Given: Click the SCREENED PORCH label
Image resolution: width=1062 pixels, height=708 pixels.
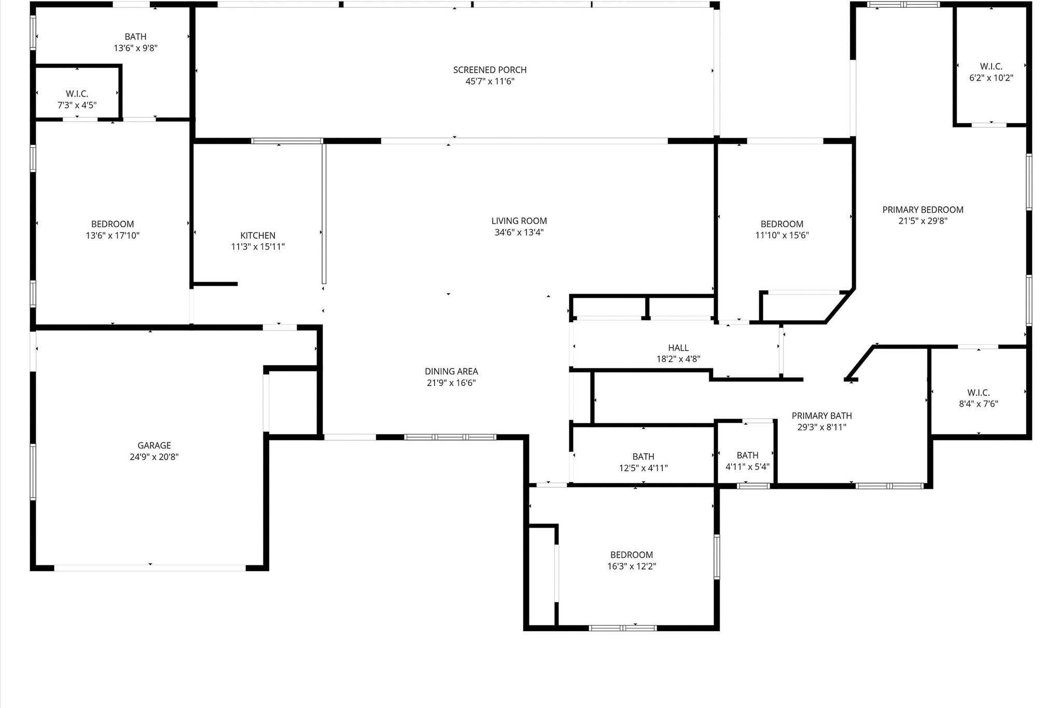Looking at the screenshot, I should point(490,70).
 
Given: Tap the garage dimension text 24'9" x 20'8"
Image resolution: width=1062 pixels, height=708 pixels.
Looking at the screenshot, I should point(154,457).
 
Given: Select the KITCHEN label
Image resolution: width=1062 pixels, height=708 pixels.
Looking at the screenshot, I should point(258,235).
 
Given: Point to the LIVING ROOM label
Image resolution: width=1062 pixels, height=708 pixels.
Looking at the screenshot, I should point(519,221).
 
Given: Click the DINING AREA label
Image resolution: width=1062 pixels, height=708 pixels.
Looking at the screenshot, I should point(451,371).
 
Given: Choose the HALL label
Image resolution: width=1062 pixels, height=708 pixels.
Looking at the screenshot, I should point(678,348).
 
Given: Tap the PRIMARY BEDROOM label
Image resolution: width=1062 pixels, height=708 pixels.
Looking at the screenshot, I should point(923,210).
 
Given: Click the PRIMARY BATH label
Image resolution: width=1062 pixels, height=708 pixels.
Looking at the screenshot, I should point(821,416).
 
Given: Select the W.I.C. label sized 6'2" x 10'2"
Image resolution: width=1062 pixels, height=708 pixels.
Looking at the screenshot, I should point(991,66).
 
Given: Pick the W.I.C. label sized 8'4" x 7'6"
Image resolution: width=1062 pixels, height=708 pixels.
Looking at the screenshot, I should point(978,393).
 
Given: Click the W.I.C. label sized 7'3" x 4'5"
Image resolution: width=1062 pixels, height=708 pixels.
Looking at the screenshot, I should point(77,94).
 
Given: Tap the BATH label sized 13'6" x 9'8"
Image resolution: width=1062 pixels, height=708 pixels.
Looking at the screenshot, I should point(135,37).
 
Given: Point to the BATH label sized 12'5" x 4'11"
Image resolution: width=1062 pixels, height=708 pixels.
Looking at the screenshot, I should point(643,457).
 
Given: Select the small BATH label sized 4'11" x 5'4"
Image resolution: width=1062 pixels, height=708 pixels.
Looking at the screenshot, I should point(747,455).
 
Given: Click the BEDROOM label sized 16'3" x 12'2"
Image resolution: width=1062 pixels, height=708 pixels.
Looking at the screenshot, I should point(631,555).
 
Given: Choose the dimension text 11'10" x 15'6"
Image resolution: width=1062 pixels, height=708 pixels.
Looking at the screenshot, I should point(782,235).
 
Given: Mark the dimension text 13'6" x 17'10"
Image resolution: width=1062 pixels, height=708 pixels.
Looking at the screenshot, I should point(113,235).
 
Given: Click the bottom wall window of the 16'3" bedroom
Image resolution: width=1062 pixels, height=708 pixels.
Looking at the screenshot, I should point(623,628).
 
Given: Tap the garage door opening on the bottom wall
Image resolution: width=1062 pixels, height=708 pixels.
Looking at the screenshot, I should point(150,568).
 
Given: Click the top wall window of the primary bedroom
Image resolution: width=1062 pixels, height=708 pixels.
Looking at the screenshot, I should point(903,5).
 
